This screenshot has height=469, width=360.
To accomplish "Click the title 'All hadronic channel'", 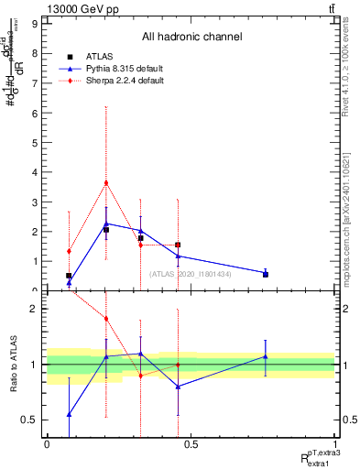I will (x=191, y=37).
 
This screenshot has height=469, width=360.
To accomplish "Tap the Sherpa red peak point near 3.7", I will (x=106, y=182).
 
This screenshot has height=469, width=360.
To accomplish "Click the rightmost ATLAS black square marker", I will (x=266, y=274).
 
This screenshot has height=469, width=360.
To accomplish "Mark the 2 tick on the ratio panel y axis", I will (x=35, y=309).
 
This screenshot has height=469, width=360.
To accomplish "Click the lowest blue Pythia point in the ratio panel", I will (x=69, y=414).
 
